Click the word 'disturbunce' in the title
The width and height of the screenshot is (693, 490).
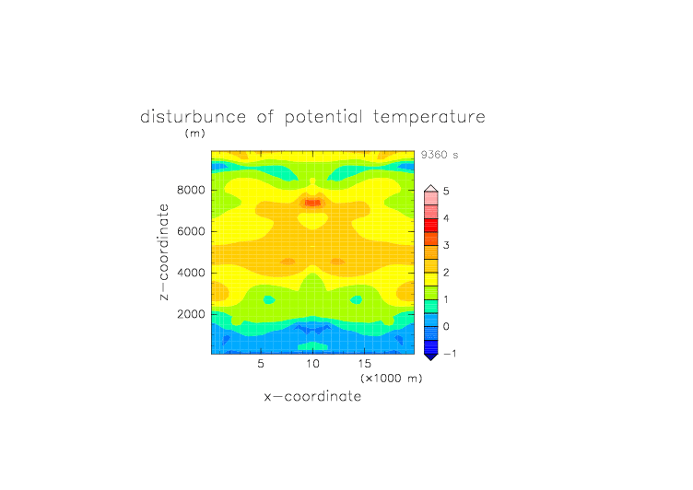(x=193, y=117)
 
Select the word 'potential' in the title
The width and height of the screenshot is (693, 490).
(x=323, y=118)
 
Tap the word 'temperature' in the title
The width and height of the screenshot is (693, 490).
(x=429, y=118)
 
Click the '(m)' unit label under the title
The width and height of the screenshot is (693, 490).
(x=195, y=133)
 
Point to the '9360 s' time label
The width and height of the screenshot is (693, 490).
(x=440, y=155)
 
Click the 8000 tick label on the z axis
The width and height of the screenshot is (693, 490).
(x=191, y=190)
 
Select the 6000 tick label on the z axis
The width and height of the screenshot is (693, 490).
(x=191, y=231)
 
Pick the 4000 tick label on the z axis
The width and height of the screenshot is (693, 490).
(x=191, y=273)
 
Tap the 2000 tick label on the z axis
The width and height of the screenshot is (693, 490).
(x=191, y=314)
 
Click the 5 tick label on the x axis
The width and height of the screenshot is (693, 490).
(x=261, y=364)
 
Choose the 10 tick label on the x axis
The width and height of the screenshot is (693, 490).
(x=312, y=364)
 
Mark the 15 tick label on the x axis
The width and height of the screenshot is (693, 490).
(x=365, y=364)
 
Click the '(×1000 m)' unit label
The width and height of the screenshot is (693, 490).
(x=391, y=379)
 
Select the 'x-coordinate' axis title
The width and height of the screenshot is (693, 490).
(x=312, y=396)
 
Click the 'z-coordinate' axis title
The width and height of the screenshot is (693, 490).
(x=164, y=252)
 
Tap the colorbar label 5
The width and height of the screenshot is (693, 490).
(x=446, y=191)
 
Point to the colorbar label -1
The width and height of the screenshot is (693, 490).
(x=449, y=354)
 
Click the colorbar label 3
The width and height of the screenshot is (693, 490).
(x=446, y=245)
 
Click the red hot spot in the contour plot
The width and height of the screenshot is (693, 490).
(x=312, y=203)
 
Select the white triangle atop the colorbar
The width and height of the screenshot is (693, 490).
(x=431, y=189)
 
